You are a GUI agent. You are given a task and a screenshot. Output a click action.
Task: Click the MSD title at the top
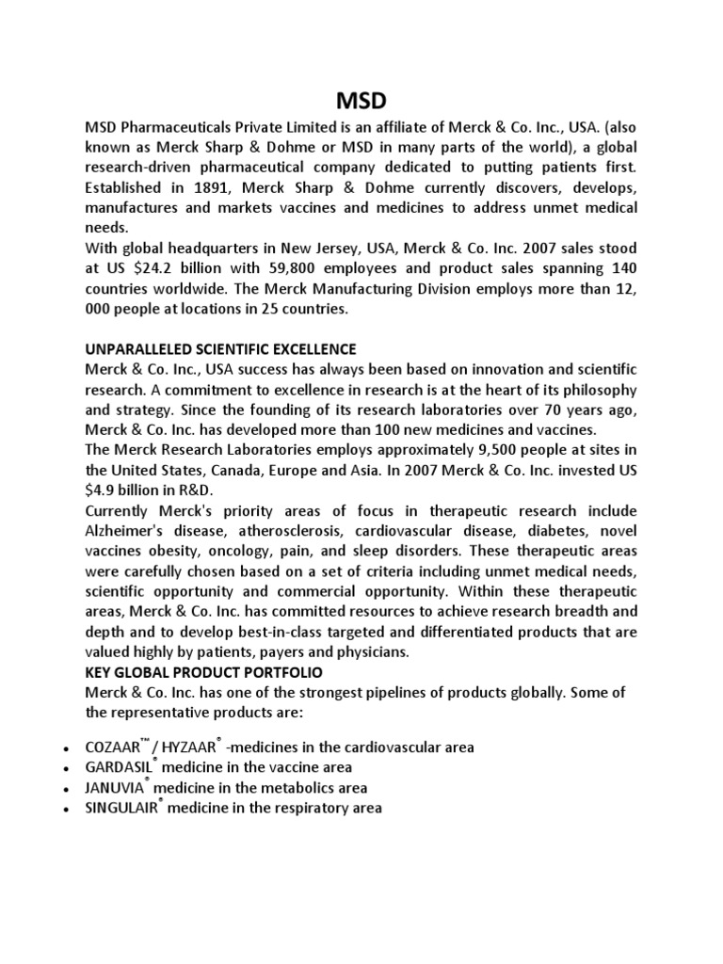[x=361, y=99]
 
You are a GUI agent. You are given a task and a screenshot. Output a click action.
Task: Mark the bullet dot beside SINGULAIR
[x=64, y=810]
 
